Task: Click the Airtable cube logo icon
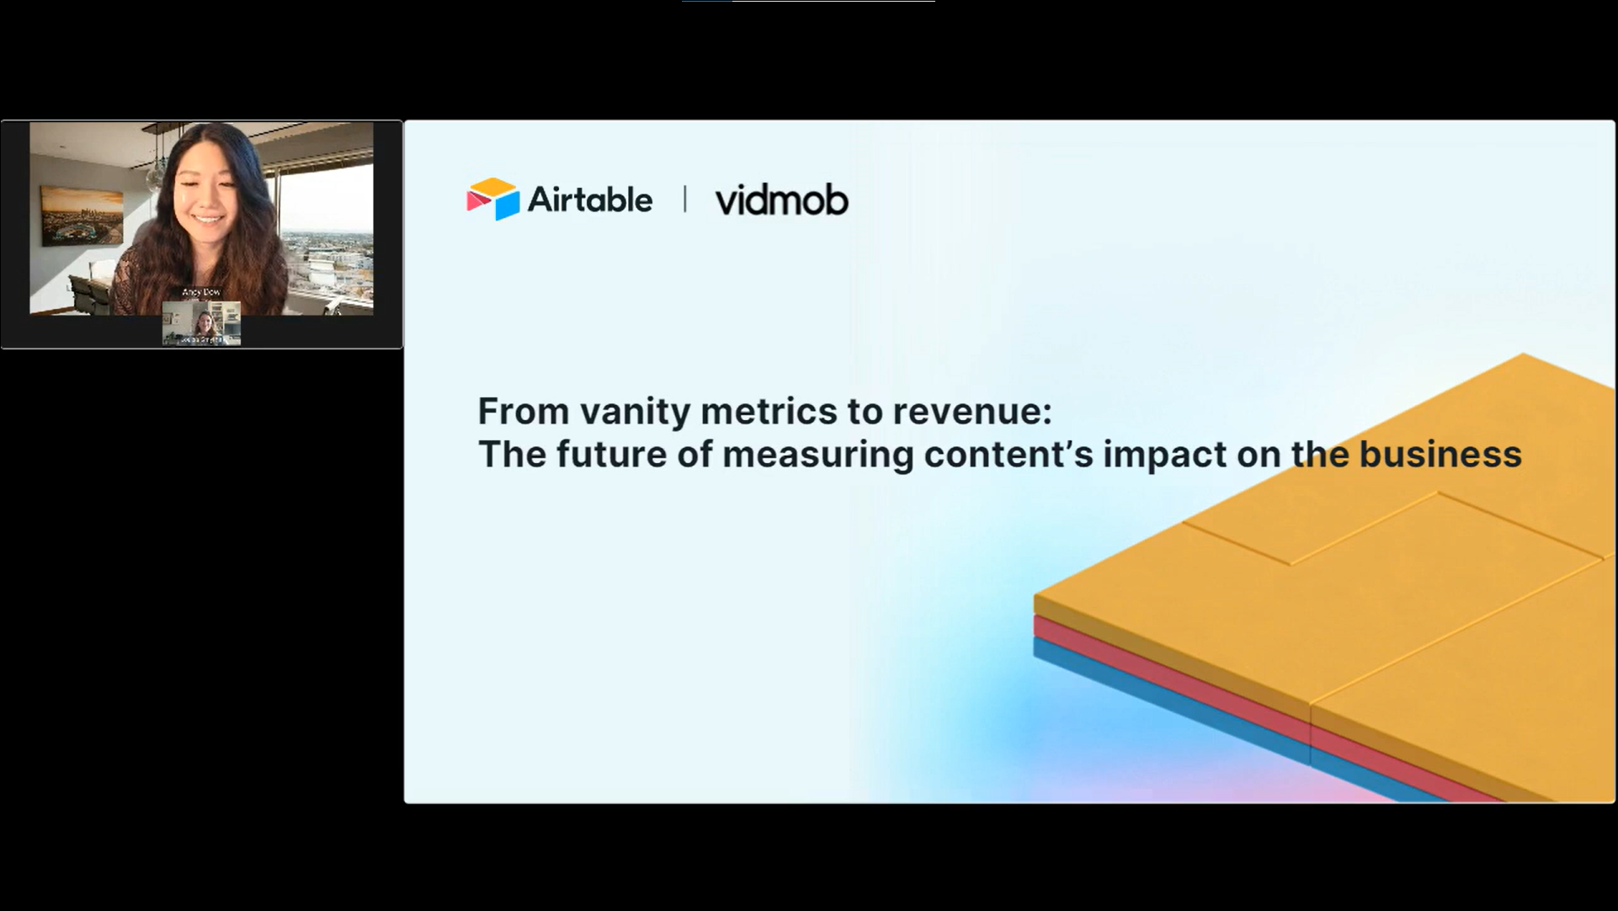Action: pos(493,200)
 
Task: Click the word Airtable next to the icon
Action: pos(589,200)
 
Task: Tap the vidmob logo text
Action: pos(781,200)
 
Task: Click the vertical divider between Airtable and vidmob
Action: pos(684,200)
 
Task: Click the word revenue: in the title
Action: pos(972,412)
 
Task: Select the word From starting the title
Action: pos(522,412)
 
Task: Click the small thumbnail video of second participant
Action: pos(201,323)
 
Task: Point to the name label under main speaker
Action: pos(201,292)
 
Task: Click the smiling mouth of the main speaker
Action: pos(207,221)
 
